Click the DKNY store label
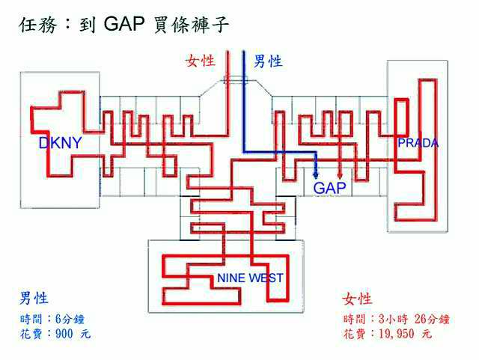(x=60, y=143)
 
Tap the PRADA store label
(x=418, y=143)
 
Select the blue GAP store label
(x=329, y=188)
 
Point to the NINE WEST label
(x=250, y=278)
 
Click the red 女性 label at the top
(x=201, y=61)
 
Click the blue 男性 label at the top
(x=267, y=61)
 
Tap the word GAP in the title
(x=127, y=25)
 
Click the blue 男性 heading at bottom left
(x=34, y=299)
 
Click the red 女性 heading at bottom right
(x=357, y=299)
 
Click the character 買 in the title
(x=165, y=25)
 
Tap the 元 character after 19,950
(x=427, y=334)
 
